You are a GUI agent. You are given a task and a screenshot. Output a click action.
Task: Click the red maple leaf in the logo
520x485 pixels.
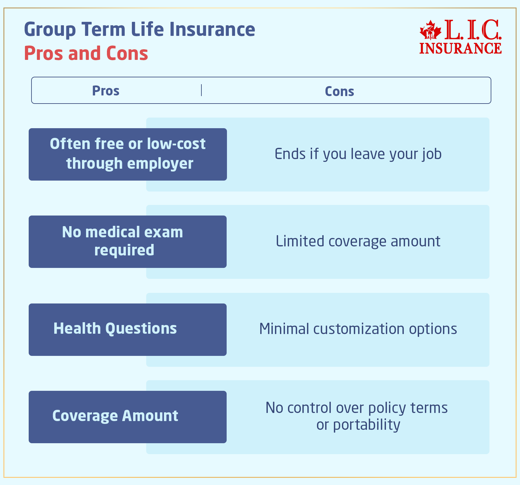[x=431, y=30]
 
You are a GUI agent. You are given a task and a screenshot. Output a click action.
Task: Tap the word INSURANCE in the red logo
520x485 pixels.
[x=460, y=48]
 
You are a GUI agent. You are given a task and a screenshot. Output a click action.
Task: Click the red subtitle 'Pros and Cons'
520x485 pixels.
[x=86, y=53]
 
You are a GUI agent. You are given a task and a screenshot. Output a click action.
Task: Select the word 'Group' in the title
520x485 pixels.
[x=50, y=30]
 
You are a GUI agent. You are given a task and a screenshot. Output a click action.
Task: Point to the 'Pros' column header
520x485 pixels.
[x=106, y=91]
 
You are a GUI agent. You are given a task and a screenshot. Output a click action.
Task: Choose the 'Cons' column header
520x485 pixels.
[x=339, y=91]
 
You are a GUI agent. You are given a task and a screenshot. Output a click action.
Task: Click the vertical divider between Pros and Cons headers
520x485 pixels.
[x=201, y=90]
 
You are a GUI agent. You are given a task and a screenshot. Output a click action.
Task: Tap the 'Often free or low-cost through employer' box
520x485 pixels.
[x=128, y=154]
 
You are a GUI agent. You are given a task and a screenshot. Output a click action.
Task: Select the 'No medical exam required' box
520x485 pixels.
[x=128, y=241]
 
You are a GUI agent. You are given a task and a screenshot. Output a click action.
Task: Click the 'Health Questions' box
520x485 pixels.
[x=128, y=329]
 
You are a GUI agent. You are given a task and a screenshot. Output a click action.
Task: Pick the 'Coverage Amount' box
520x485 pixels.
[x=128, y=417]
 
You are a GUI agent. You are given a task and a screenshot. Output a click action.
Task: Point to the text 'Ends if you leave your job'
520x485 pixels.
[x=358, y=154]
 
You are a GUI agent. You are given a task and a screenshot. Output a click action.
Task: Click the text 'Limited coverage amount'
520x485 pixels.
[x=358, y=241]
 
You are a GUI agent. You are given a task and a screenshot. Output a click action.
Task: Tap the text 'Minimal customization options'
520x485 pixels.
[x=358, y=329]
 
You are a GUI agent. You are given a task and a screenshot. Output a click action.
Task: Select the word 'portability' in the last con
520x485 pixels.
[x=367, y=425]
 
